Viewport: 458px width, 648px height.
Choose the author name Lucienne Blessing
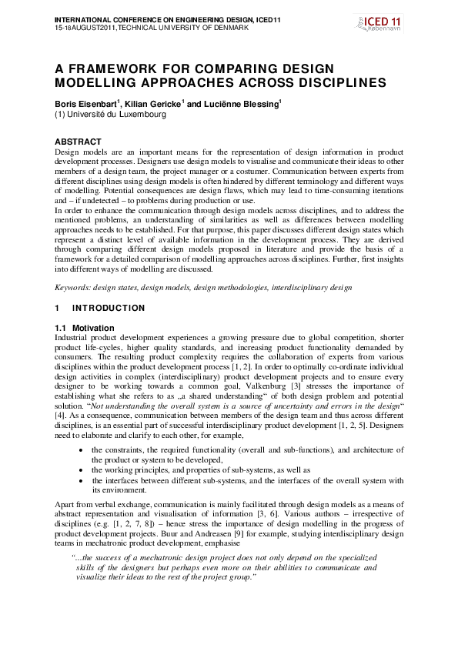point(243,103)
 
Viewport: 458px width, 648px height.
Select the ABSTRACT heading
point(78,142)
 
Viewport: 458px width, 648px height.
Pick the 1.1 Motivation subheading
point(84,328)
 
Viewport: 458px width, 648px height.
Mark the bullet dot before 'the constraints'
point(82,449)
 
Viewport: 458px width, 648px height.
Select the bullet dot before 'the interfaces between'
point(82,480)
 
